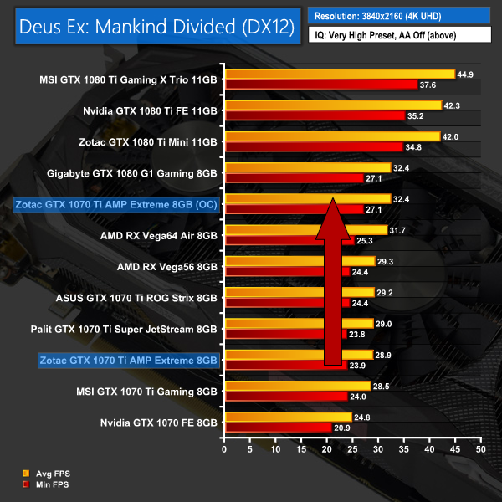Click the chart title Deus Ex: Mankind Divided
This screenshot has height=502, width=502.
[x=153, y=27]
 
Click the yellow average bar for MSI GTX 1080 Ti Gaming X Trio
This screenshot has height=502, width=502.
[x=339, y=74]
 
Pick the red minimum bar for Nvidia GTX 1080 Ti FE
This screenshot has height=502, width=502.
[x=315, y=116]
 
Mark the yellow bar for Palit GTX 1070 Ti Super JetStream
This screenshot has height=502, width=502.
[x=298, y=323]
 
